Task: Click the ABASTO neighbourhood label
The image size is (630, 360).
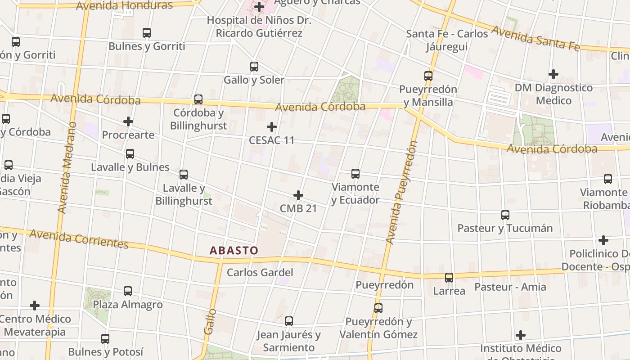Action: tap(234, 251)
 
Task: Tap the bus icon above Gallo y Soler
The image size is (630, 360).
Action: tap(254, 67)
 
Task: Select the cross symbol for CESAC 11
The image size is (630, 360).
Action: tap(272, 127)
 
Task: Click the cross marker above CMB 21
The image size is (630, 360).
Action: tap(298, 195)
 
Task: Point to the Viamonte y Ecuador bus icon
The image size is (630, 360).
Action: tap(355, 173)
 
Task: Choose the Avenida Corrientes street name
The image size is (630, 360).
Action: tap(79, 239)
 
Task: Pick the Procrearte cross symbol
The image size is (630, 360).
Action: tap(128, 121)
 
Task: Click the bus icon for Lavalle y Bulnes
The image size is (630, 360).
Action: tap(130, 154)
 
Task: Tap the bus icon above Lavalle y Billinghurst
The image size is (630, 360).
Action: tap(184, 174)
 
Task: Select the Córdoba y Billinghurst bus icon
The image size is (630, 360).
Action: tap(198, 99)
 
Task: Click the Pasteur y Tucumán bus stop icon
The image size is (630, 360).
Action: tap(505, 215)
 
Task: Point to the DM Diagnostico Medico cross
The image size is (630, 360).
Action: tap(553, 74)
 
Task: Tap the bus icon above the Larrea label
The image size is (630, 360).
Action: tap(449, 278)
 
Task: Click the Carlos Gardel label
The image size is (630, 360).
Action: tap(260, 272)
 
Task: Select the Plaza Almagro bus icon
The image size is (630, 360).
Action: tap(128, 291)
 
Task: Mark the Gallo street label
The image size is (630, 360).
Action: tap(210, 321)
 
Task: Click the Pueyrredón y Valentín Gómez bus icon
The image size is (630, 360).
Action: tap(378, 308)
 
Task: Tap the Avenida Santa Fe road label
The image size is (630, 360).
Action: tap(535, 38)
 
